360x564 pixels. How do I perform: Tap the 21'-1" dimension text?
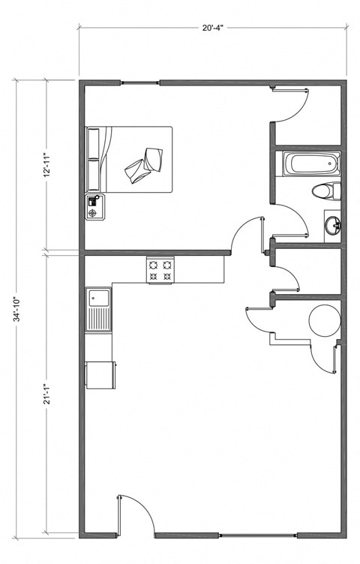pyautogui.click(x=46, y=391)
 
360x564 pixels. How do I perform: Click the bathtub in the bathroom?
pyautogui.click(x=310, y=163)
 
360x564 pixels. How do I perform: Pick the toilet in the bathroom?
pyautogui.click(x=327, y=190)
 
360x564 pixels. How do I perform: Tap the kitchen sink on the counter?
pyautogui.click(x=99, y=310)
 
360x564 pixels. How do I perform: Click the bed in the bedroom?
pyautogui.click(x=135, y=160)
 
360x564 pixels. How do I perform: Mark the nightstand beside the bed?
pyautogui.click(x=95, y=207)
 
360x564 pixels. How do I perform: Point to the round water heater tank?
pyautogui.click(x=325, y=321)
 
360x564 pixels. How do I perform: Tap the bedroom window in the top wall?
pyautogui.click(x=141, y=82)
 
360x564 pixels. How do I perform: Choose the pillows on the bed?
pyautogui.click(x=94, y=160)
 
